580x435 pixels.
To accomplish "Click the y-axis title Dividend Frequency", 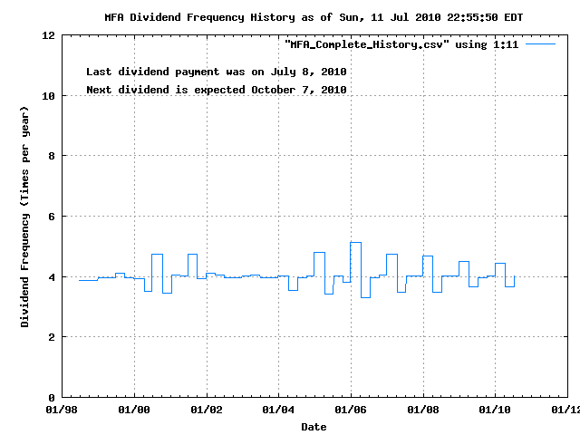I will (26, 216).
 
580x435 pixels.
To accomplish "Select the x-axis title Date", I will (314, 427).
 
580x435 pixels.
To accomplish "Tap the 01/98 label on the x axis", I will (63, 411).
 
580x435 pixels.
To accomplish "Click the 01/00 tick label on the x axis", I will (134, 411).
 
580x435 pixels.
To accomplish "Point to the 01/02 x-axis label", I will (207, 411).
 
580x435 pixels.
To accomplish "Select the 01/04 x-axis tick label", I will (278, 411).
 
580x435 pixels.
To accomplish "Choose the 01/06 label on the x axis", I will (351, 411).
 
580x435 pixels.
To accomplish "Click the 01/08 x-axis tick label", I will (422, 411).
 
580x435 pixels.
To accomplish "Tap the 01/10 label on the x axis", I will (495, 411).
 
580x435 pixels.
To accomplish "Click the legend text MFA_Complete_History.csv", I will (364, 44).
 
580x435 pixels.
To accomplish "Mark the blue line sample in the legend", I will (540, 43).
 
